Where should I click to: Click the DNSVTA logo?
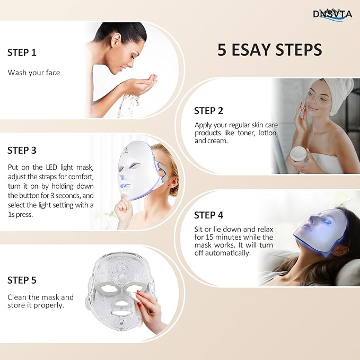tap(332, 14)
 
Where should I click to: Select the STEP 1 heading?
tap(22, 52)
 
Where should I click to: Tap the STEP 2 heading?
tap(208, 111)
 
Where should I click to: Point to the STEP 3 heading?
tap(22, 151)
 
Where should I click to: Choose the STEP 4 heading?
tap(208, 215)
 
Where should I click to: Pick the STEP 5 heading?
tap(22, 280)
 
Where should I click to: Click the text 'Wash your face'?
tap(34, 73)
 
